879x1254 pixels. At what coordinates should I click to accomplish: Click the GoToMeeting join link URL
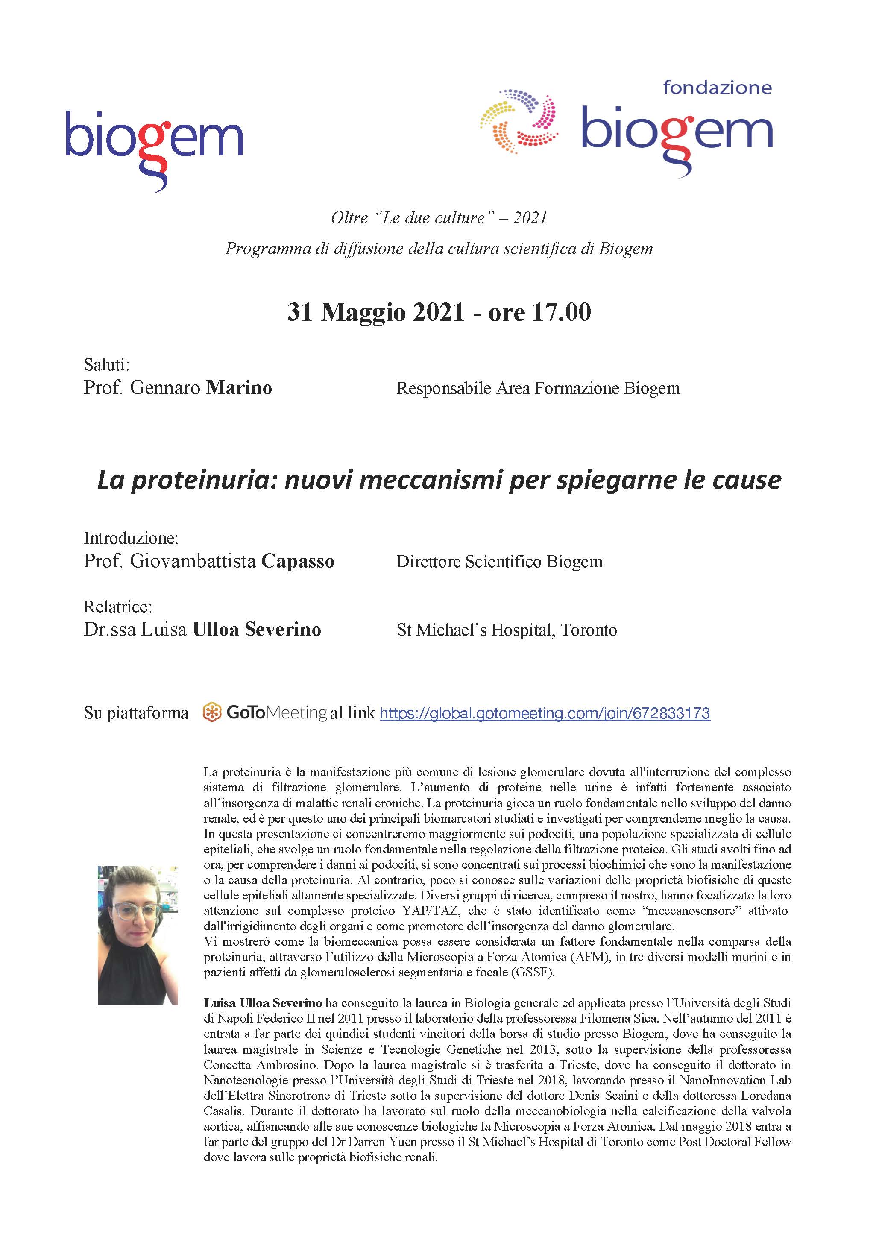[545, 713]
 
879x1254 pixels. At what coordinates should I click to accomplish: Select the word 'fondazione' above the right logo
[717, 88]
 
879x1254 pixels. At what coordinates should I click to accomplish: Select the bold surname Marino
[239, 388]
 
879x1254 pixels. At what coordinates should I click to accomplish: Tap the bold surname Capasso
[297, 562]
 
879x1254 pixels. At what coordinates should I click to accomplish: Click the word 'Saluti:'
[106, 364]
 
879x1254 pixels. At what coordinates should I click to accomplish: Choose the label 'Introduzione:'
[131, 538]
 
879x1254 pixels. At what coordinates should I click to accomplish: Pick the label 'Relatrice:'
[117, 607]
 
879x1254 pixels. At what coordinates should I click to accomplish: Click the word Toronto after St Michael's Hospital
[589, 630]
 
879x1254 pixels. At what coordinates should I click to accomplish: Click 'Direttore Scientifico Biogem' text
[499, 562]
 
